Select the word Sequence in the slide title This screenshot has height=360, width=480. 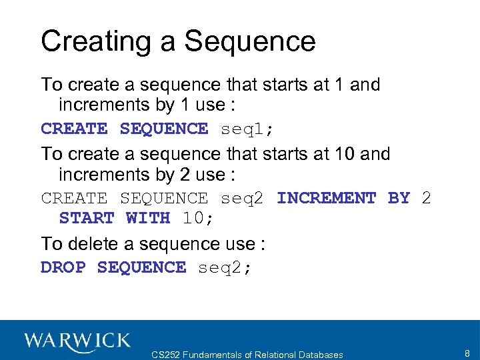pyautogui.click(x=249, y=42)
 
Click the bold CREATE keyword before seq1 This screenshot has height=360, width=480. pyautogui.click(x=74, y=129)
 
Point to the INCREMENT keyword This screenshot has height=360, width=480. pyautogui.click(x=326, y=198)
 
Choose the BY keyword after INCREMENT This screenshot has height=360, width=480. pyautogui.click(x=399, y=198)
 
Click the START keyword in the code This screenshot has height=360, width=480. pyautogui.click(x=87, y=218)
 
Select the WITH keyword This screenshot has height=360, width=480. pyautogui.click(x=148, y=218)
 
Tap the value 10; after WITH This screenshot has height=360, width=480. pyautogui.click(x=193, y=218)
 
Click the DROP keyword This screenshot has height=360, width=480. pyautogui.click(x=63, y=267)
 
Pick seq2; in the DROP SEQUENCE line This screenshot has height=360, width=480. pyautogui.click(x=225, y=267)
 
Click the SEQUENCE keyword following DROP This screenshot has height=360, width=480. pyautogui.click(x=141, y=267)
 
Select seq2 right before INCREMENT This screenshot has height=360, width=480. pyautogui.click(x=243, y=198)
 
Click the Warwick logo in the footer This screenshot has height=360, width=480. pyautogui.click(x=77, y=341)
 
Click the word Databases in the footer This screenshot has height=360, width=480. pyautogui.click(x=320, y=355)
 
